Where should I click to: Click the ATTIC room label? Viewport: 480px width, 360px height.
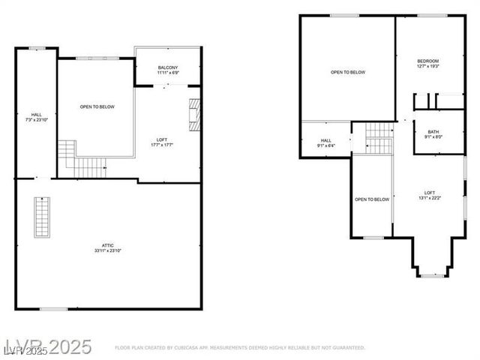point(109,245)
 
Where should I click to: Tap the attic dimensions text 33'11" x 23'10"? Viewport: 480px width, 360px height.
point(109,250)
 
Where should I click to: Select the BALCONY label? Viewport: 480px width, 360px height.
point(167,68)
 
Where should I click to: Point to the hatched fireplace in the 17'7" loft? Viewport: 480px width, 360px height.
point(195,114)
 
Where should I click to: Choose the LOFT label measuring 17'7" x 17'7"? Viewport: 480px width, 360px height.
point(161,140)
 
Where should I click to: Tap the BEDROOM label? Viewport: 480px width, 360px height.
point(427,61)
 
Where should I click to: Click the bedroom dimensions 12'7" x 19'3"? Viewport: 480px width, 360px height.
point(427,66)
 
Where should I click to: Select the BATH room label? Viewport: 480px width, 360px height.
point(433,132)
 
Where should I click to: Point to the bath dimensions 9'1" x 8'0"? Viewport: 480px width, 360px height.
point(433,137)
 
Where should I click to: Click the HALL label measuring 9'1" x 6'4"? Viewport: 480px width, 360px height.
point(326,140)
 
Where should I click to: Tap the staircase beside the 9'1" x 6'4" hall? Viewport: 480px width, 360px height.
point(379,138)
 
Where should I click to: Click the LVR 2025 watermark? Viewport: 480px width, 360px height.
point(46,347)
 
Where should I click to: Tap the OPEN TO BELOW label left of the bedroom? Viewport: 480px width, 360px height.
point(348,72)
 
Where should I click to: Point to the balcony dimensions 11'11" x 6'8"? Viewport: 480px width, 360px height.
point(167,73)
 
